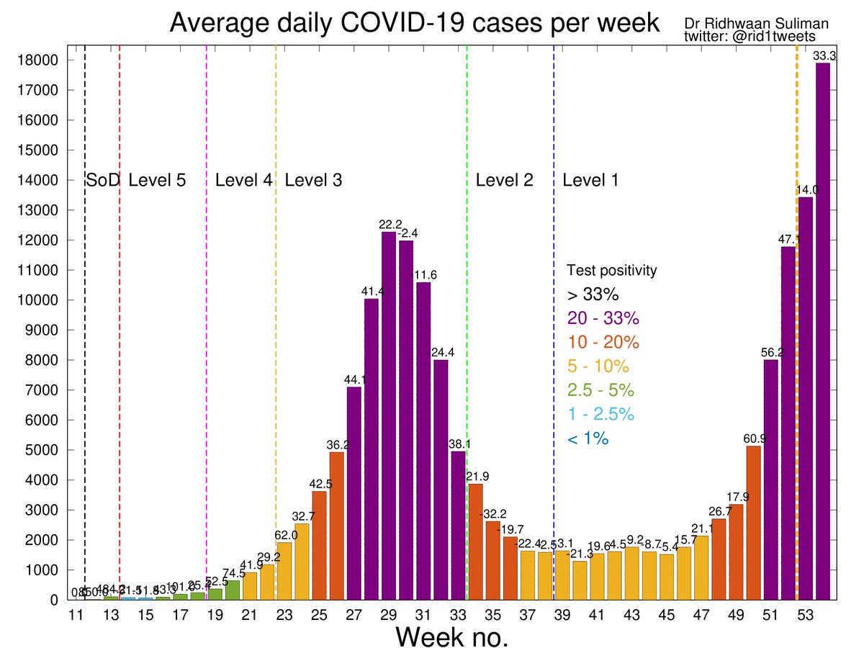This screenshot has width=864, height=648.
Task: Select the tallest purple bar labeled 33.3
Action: coord(822,331)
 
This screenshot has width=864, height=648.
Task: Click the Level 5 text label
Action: coord(157,181)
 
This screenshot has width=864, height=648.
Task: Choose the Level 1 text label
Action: coord(590,181)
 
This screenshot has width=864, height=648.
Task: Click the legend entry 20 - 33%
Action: coord(603,318)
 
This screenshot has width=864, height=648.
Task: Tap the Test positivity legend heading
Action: coord(611,271)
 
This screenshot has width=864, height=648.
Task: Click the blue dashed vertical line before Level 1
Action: coord(554,360)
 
